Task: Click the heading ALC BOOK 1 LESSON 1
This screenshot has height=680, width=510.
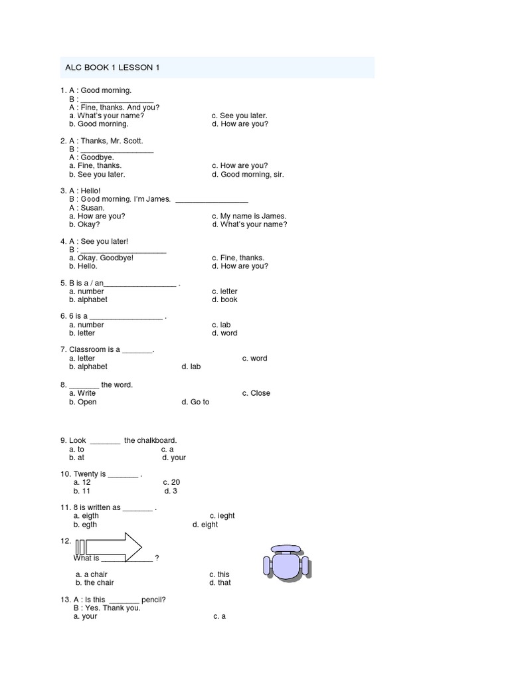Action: click(112, 68)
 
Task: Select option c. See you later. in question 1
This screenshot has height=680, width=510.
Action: click(239, 116)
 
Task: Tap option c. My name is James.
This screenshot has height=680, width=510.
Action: click(249, 216)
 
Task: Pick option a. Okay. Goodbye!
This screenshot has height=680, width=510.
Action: click(101, 258)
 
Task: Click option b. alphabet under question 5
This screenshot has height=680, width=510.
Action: click(88, 299)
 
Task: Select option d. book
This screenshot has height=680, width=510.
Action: click(224, 299)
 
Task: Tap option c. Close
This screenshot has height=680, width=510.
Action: click(256, 393)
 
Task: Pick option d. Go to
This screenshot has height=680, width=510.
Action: click(195, 402)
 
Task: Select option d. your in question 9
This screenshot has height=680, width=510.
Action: click(173, 458)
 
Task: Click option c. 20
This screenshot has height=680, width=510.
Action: click(171, 482)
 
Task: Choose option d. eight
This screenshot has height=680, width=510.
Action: click(205, 525)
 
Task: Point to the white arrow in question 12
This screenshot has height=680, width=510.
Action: click(110, 547)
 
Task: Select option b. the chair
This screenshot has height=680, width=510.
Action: click(94, 583)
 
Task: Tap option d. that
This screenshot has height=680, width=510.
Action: click(220, 583)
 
